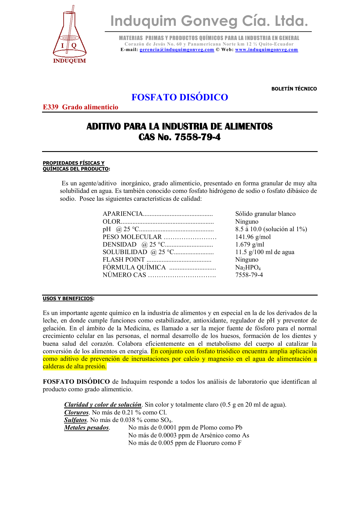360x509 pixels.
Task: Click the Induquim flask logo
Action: pyautogui.click(x=70, y=35)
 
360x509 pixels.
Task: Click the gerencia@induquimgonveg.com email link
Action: pyautogui.click(x=177, y=50)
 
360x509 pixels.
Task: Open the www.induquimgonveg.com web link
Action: pyautogui.click(x=266, y=50)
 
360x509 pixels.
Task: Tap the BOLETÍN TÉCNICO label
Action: pyautogui.click(x=294, y=89)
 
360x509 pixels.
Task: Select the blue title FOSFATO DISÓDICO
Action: pyautogui.click(x=180, y=97)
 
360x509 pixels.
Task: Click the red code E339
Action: pyautogui.click(x=50, y=107)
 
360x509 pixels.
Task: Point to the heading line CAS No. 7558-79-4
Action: pyautogui.click(x=180, y=137)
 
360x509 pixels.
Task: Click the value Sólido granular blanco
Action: pyautogui.click(x=265, y=214)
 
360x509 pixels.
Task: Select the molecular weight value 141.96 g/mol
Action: pyautogui.click(x=253, y=237)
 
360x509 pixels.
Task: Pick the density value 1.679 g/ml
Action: pyautogui.click(x=249, y=244)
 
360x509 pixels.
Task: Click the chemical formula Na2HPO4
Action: pyautogui.click(x=248, y=267)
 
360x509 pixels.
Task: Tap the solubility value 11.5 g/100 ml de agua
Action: pyautogui.click(x=265, y=252)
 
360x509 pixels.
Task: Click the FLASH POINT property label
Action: pyautogui.click(x=124, y=260)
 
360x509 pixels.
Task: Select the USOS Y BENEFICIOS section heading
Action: pyautogui.click(x=68, y=298)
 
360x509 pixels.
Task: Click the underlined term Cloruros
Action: pyautogui.click(x=76, y=412)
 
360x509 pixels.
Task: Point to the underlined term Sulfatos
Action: pyautogui.click(x=75, y=420)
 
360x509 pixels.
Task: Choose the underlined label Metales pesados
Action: pyautogui.click(x=86, y=428)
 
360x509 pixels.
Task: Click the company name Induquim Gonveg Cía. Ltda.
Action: pyautogui.click(x=209, y=21)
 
